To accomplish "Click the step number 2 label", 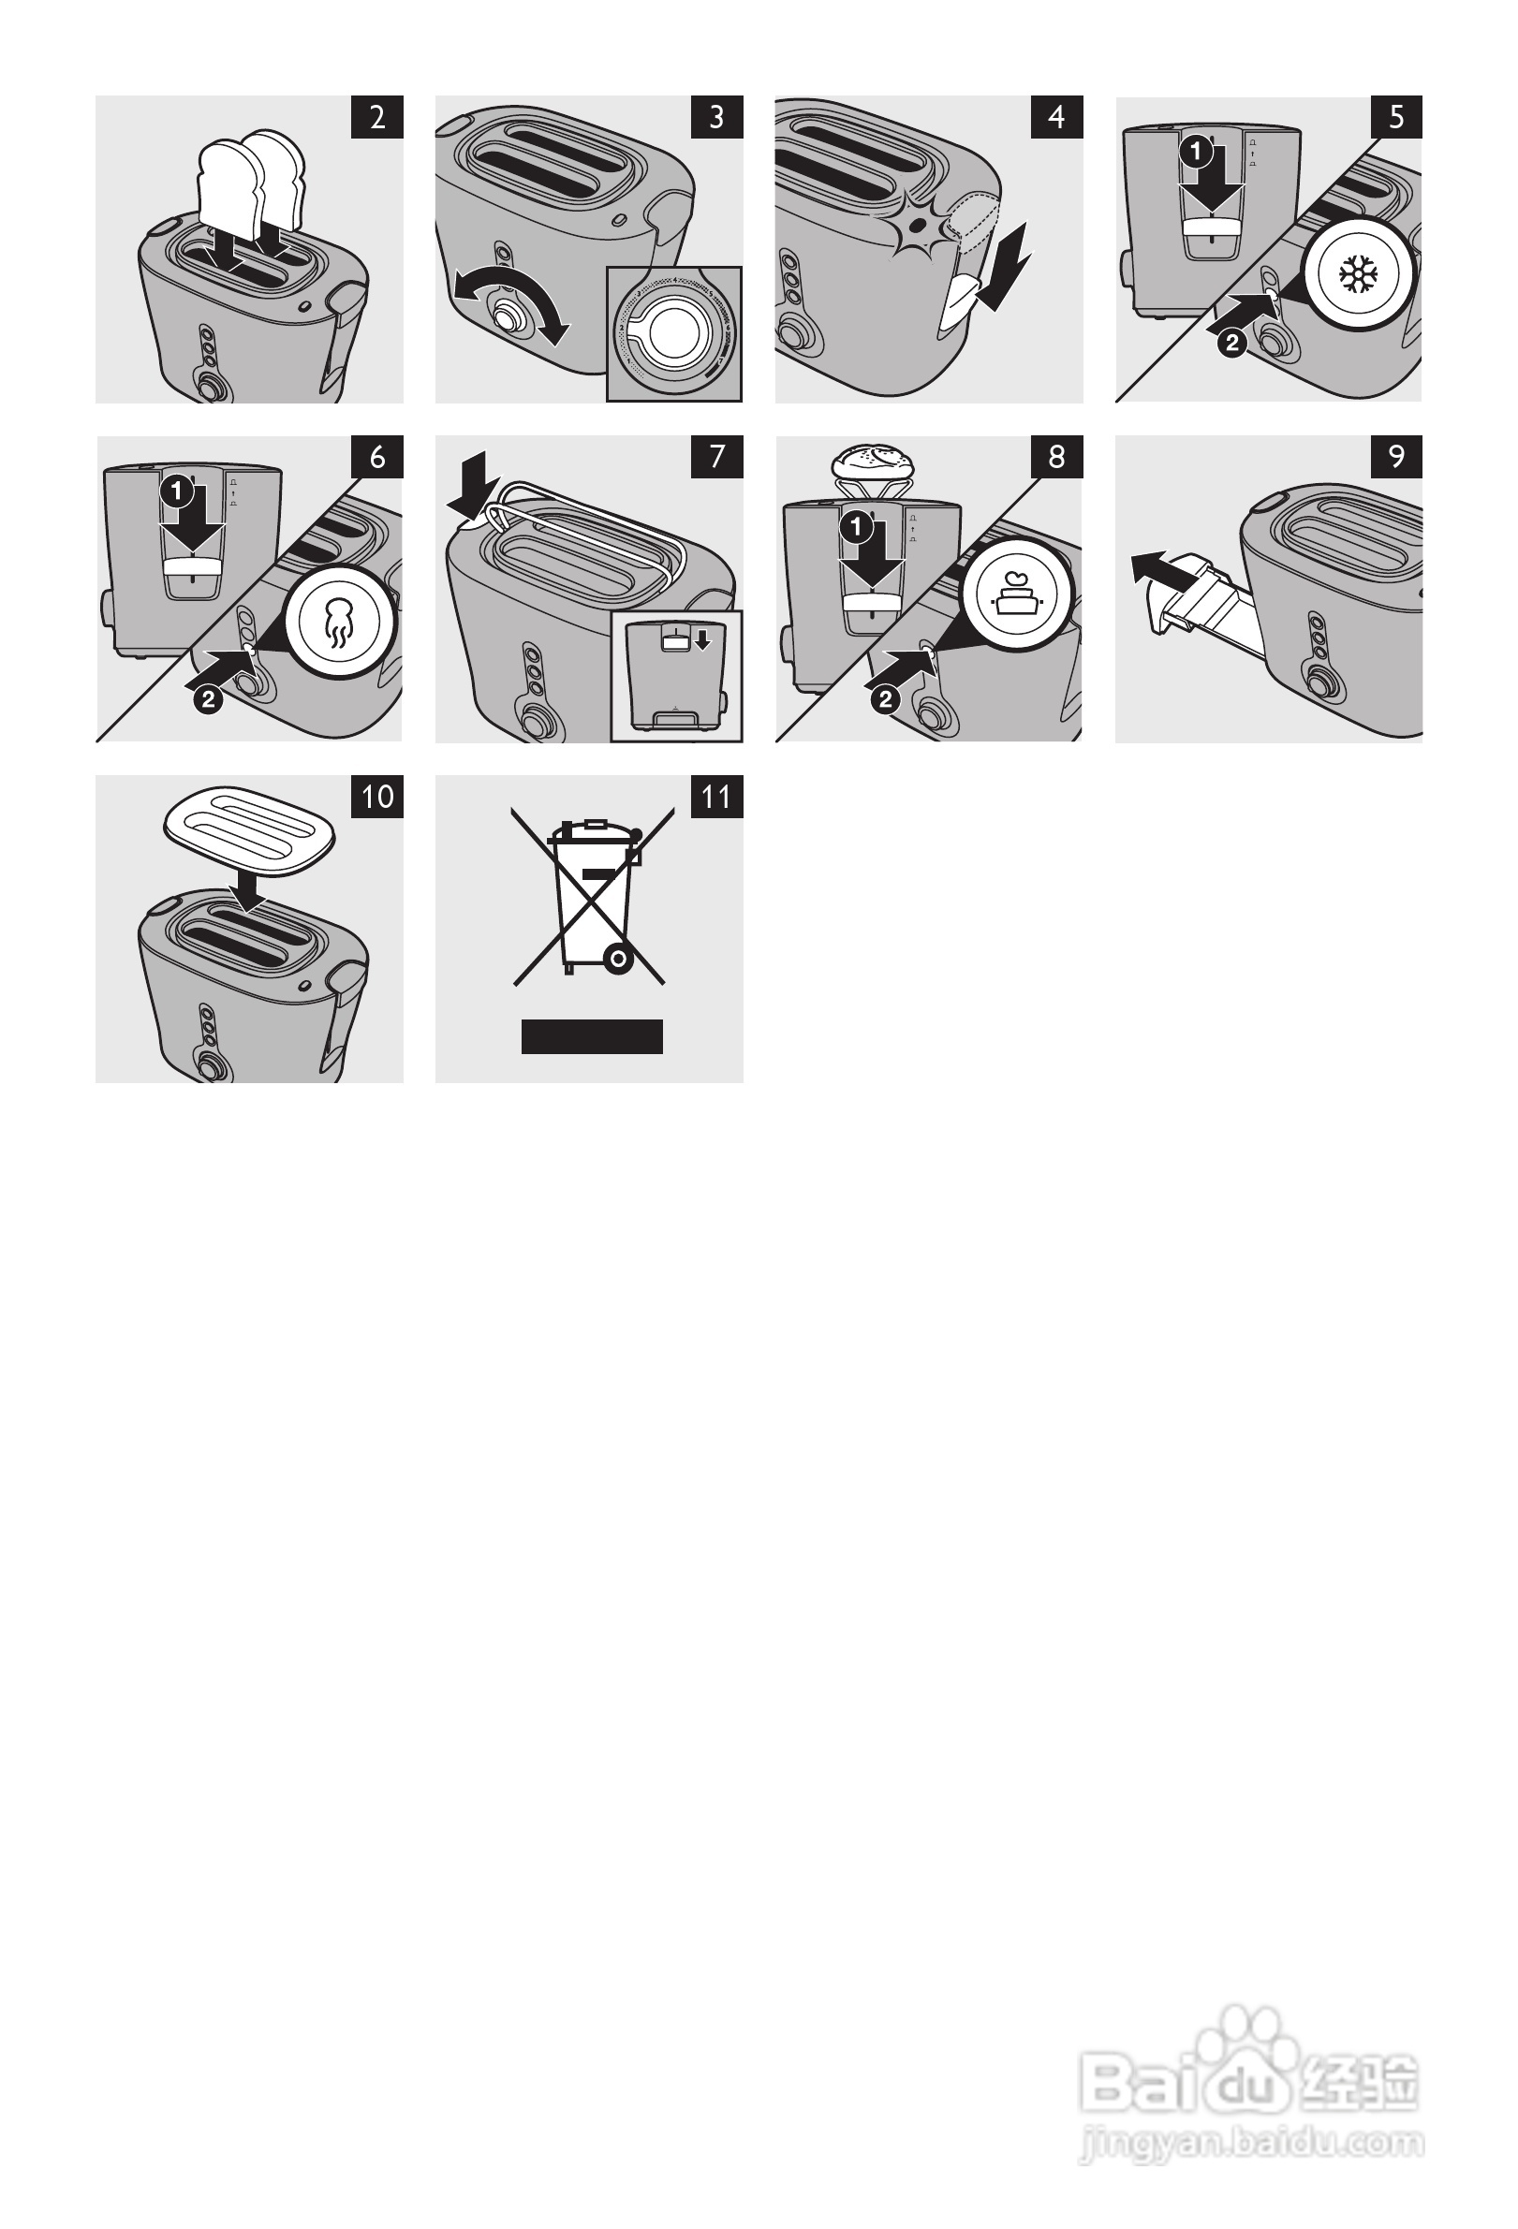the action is click(x=377, y=117).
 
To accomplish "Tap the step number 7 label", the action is click(x=716, y=457).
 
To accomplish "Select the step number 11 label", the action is click(x=716, y=796).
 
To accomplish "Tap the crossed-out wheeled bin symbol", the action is click(x=588, y=897).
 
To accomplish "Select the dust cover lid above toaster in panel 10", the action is click(x=249, y=828).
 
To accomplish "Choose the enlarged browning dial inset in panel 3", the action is click(x=674, y=333).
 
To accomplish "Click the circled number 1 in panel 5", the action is click(x=1196, y=152).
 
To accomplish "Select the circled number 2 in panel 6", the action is click(x=208, y=699).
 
